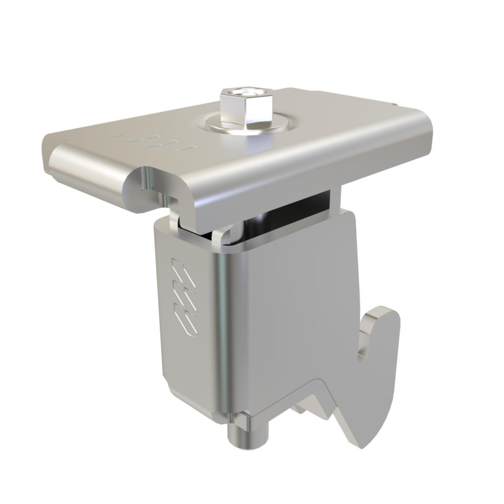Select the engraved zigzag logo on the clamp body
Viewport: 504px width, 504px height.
click(x=183, y=296)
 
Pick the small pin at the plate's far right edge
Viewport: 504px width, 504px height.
click(x=394, y=105)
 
